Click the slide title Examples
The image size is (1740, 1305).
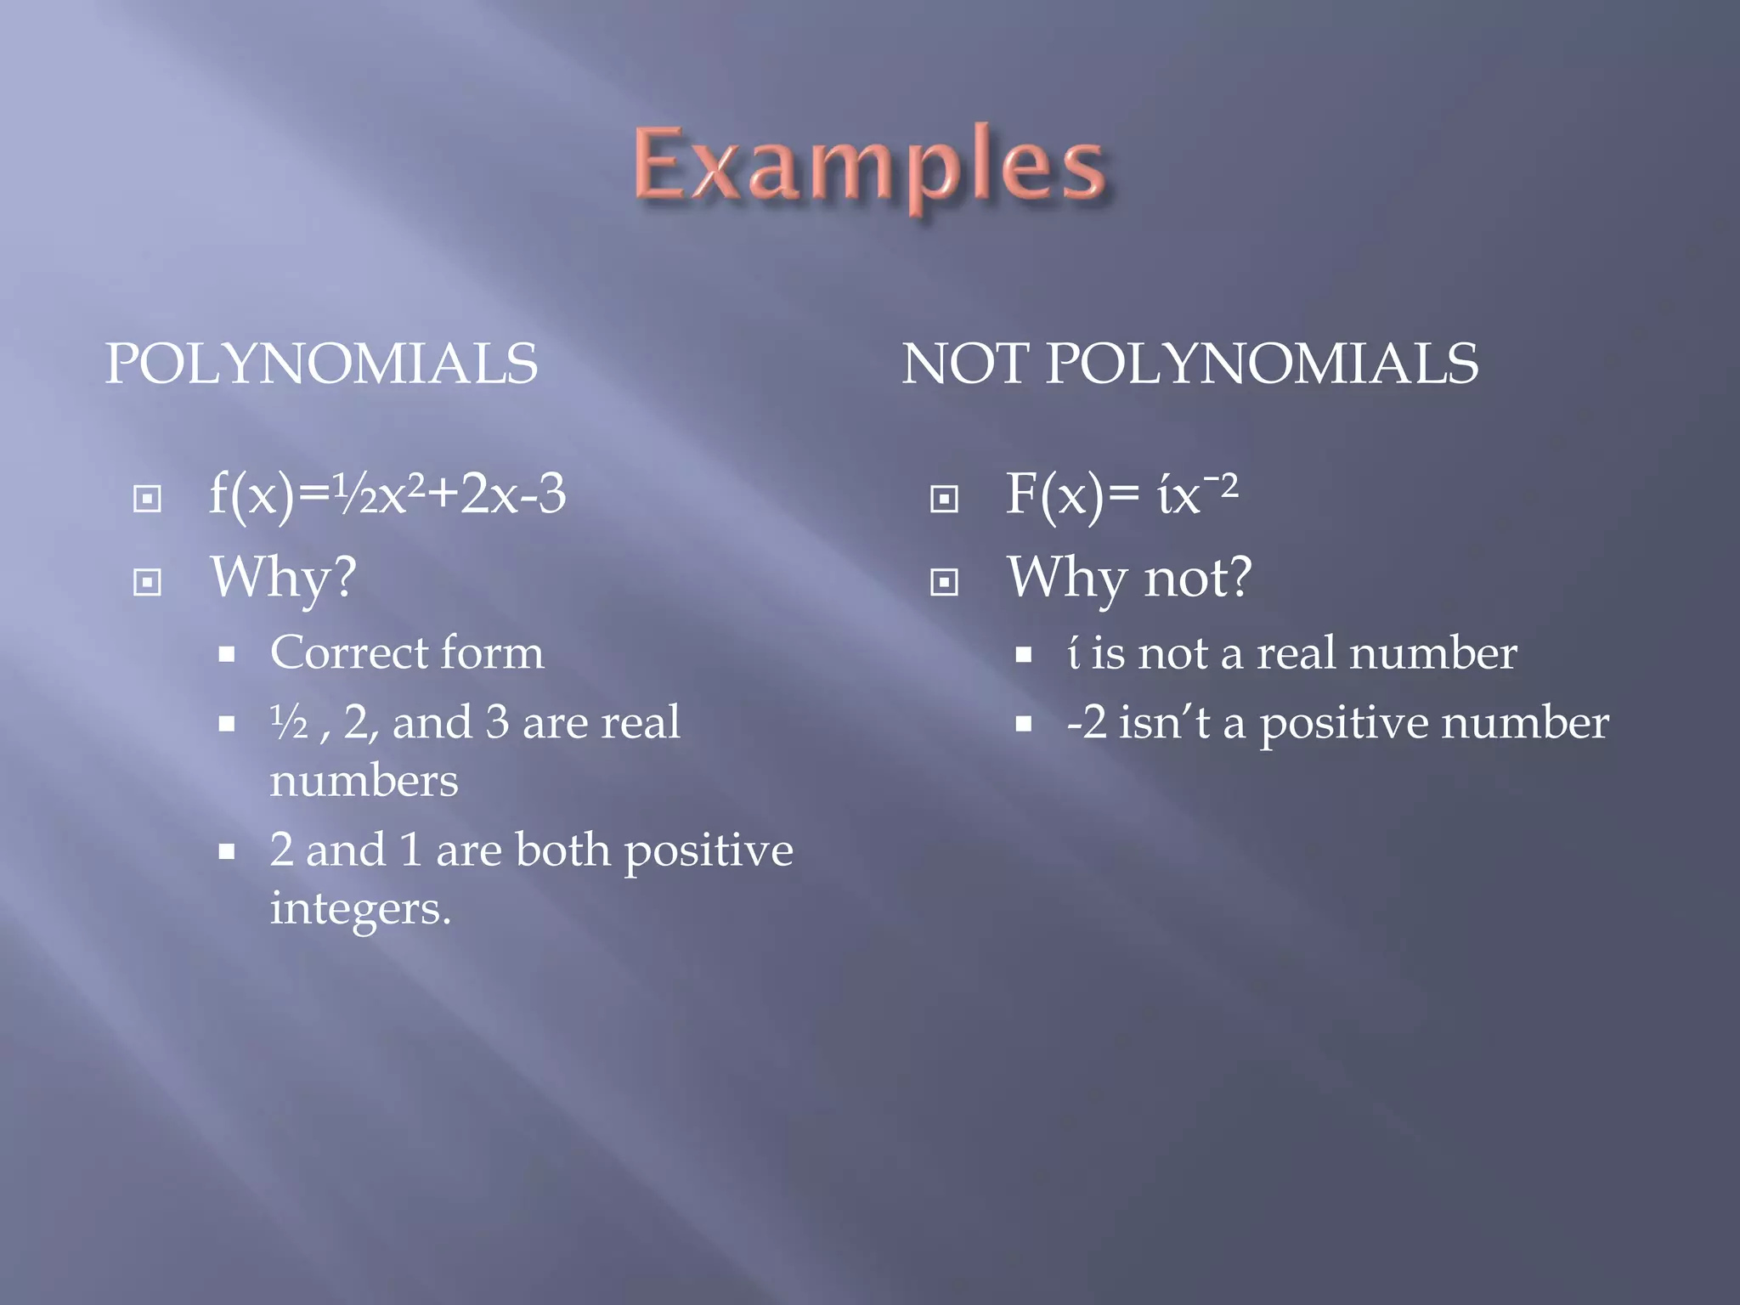click(x=870, y=166)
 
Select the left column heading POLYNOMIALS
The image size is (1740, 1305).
click(x=321, y=364)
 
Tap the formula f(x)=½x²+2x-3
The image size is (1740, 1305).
click(x=387, y=494)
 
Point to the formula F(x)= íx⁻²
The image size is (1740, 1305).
click(x=1121, y=494)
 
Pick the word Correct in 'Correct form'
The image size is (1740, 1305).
click(x=336, y=653)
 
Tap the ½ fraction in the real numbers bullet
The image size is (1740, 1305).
click(x=289, y=723)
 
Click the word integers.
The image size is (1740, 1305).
click(x=359, y=910)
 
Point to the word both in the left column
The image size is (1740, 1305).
click(x=562, y=850)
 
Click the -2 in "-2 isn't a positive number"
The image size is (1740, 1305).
click(x=1087, y=723)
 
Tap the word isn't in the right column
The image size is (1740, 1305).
click(x=1163, y=723)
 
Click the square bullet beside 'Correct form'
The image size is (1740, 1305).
click(x=226, y=654)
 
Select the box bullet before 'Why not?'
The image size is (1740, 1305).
click(x=944, y=582)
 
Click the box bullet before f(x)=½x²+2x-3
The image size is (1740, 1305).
click(x=147, y=499)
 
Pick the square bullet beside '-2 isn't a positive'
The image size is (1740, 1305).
click(x=1024, y=724)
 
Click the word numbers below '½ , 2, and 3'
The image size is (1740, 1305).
click(x=364, y=781)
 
